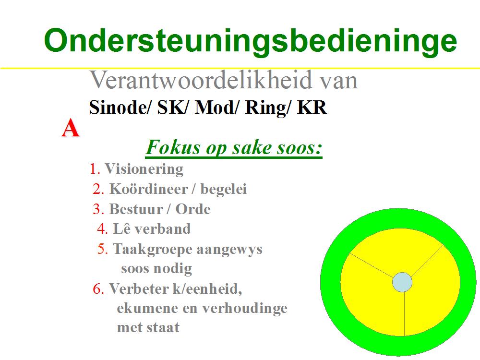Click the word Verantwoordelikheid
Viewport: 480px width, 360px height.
[201, 80]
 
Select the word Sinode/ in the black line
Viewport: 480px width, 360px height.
[120, 108]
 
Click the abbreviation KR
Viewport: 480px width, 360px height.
[312, 108]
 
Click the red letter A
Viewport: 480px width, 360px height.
[71, 128]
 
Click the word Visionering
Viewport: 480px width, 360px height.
[144, 169]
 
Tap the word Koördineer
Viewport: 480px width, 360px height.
[148, 189]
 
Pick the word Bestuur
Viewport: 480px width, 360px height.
[136, 209]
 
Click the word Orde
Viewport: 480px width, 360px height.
[193, 209]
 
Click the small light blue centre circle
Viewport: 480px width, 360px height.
[402, 282]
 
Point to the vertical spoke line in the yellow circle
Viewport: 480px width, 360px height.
[404, 314]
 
